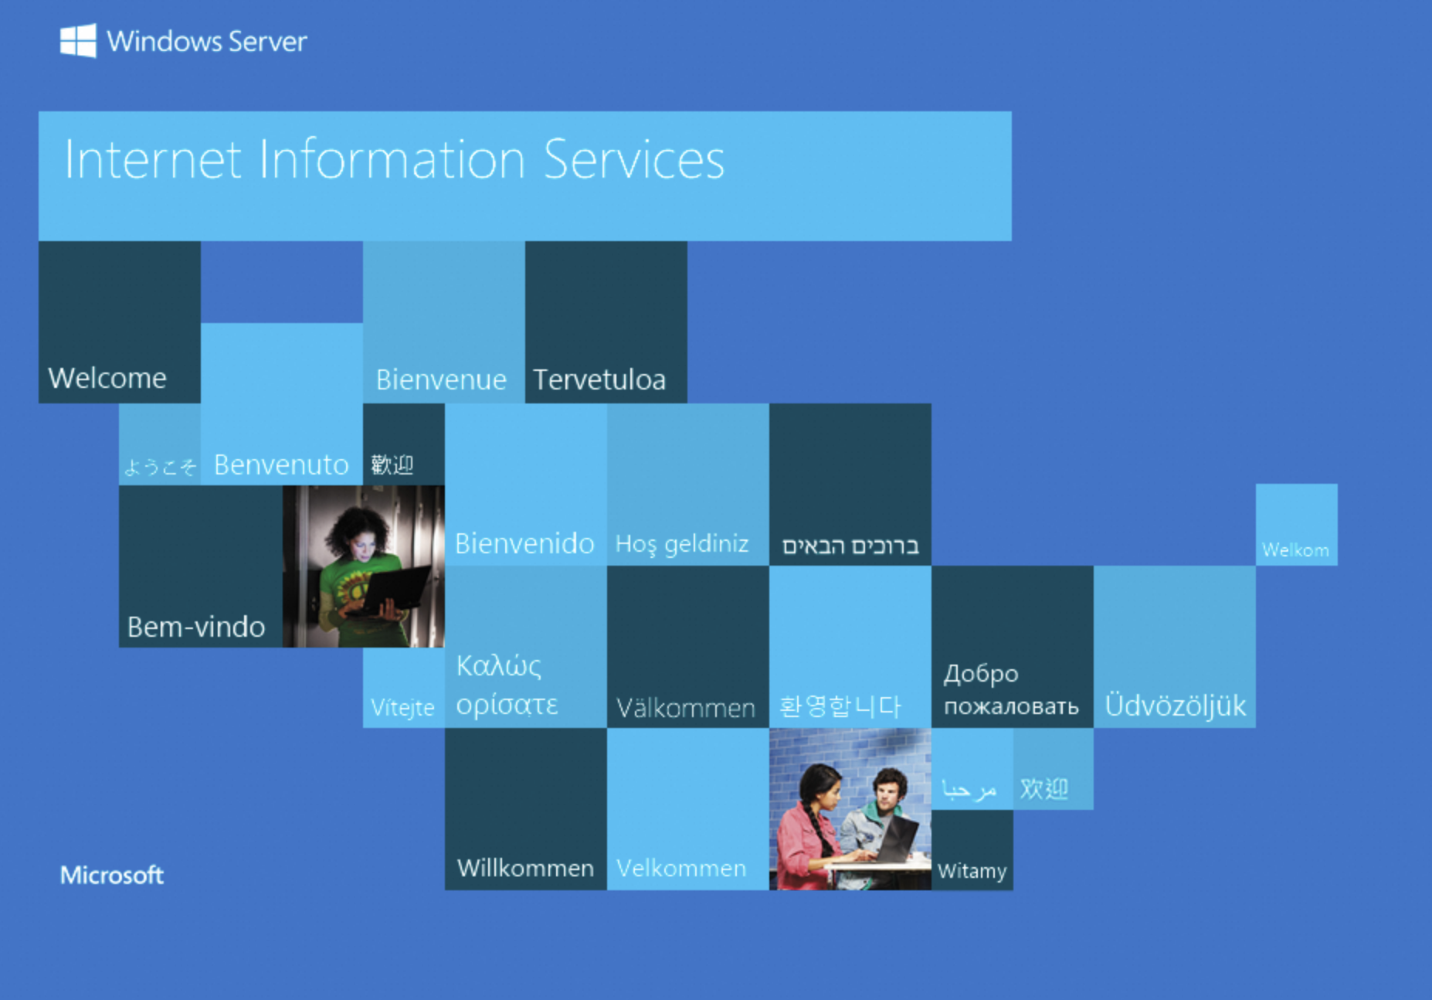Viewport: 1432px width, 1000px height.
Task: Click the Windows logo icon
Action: (x=79, y=40)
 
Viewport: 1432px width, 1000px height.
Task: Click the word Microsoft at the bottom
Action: (x=112, y=875)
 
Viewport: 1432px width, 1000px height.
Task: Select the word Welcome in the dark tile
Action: (x=107, y=378)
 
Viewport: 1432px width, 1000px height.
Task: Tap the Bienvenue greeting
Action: (x=441, y=379)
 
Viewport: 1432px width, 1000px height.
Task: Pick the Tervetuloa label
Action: (x=599, y=379)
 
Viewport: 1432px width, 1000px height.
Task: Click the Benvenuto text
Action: (x=281, y=464)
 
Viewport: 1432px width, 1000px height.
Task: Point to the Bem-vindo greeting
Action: (x=196, y=627)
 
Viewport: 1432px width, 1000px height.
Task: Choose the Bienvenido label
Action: (x=524, y=543)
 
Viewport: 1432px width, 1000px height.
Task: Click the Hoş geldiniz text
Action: (x=682, y=544)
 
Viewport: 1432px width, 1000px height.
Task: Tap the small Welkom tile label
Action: (x=1295, y=550)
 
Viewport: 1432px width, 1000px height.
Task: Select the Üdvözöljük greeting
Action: (x=1176, y=705)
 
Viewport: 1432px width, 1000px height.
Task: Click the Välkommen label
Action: (x=686, y=707)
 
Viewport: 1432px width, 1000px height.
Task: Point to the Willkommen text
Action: (x=525, y=868)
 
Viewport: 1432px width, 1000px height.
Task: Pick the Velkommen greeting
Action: (x=681, y=868)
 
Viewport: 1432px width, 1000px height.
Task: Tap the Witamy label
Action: (x=972, y=871)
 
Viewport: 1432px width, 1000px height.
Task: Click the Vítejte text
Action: (x=402, y=707)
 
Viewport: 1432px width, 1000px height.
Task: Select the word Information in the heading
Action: (x=392, y=159)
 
